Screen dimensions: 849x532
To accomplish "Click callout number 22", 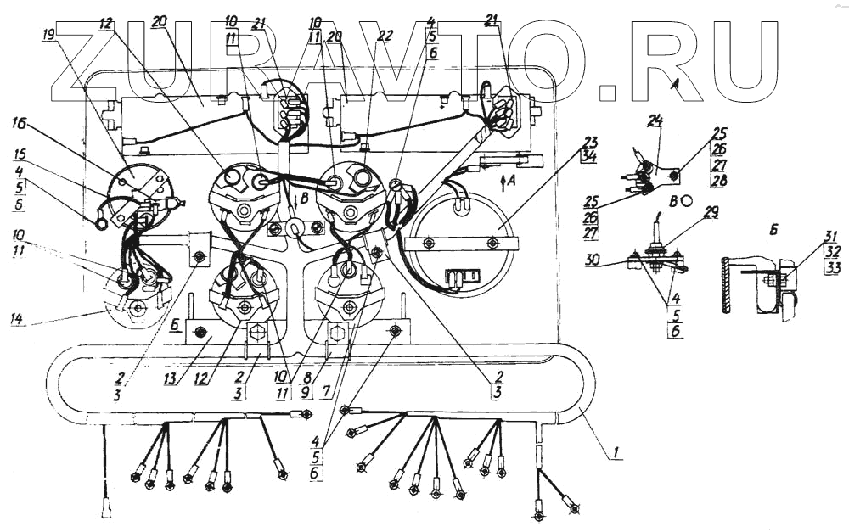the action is tap(385, 36).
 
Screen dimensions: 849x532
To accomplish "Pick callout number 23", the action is tap(589, 142).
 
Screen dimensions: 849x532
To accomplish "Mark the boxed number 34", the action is tap(589, 156).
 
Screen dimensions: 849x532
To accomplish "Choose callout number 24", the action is tap(654, 121).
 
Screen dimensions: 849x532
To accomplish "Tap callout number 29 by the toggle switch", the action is tap(711, 212).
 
